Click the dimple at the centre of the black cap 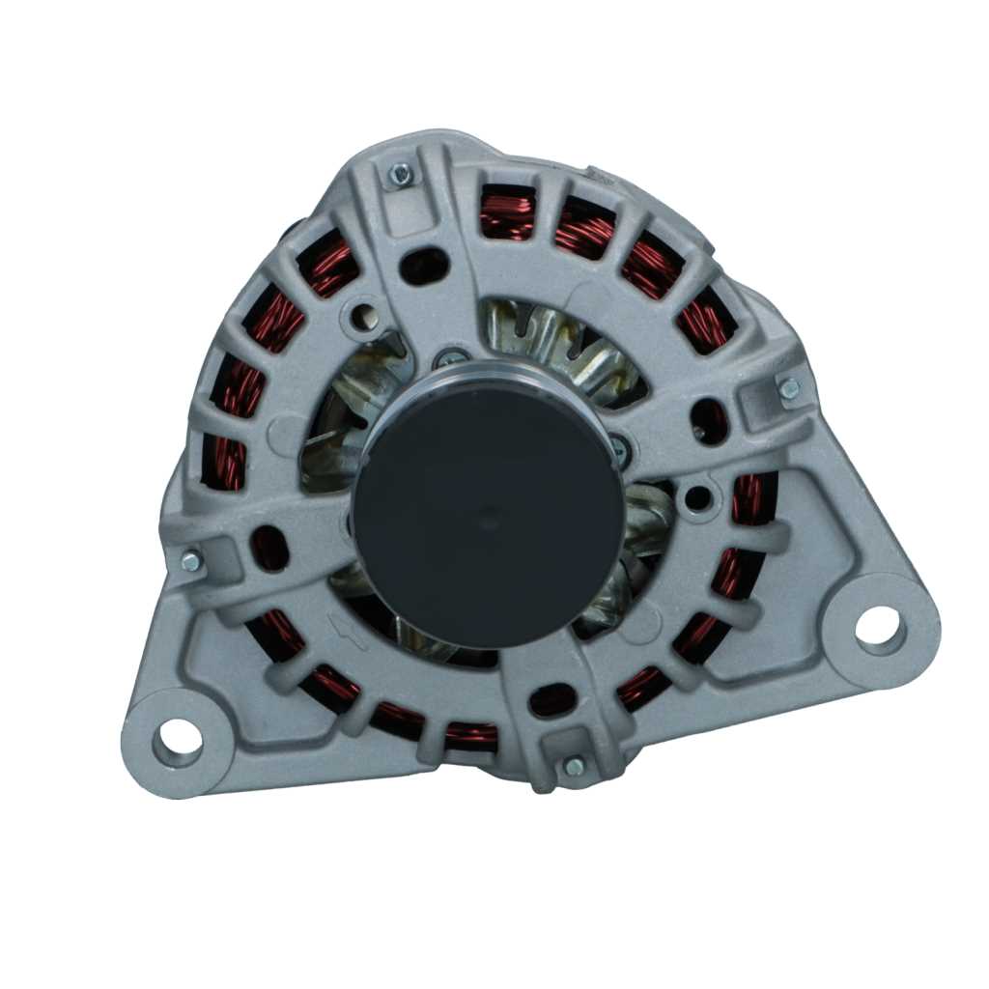490,523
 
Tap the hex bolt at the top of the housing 400,175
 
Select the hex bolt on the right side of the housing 788,388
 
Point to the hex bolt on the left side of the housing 191,560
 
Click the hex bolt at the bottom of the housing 574,766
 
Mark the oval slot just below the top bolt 424,266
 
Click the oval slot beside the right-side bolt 710,420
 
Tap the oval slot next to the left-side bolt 268,548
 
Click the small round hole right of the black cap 696,499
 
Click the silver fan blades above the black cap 555,338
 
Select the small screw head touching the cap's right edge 619,447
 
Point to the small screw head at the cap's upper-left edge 450,359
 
